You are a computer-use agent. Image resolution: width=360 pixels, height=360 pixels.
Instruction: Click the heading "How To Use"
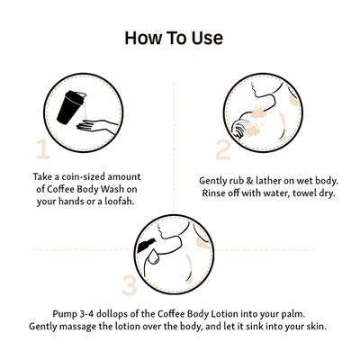point(174,38)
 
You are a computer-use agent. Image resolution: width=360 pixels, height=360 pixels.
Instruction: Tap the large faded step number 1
point(43,148)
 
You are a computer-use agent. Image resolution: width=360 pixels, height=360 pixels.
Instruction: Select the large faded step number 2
point(223,149)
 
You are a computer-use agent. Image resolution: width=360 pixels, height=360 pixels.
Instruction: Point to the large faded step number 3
point(130,284)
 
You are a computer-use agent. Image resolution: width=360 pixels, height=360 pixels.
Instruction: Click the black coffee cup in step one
point(70,107)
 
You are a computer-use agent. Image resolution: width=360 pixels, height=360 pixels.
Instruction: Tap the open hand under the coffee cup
point(96,126)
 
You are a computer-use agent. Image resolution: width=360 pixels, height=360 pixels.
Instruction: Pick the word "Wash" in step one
point(112,189)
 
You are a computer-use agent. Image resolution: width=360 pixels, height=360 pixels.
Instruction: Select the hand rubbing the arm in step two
point(241,129)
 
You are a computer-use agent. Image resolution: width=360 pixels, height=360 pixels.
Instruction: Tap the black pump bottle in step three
point(147,245)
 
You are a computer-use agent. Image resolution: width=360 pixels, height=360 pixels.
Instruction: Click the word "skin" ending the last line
point(317,326)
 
